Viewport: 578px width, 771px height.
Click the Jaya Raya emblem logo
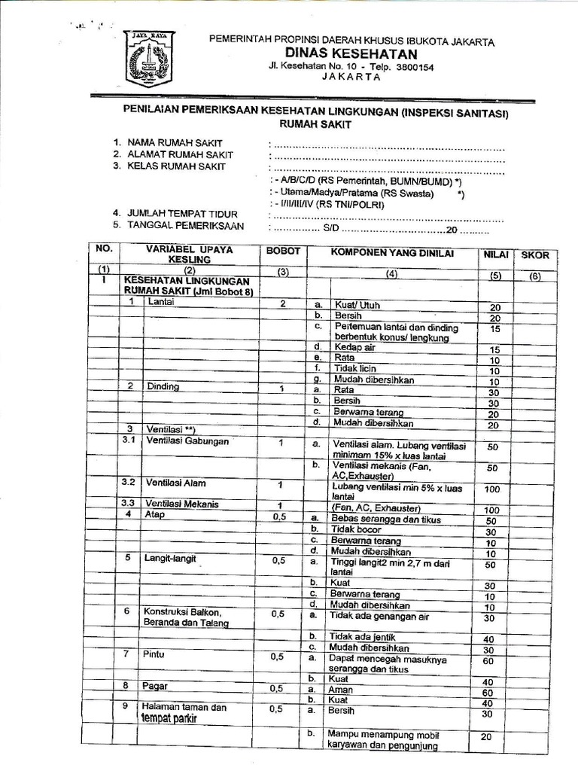[x=148, y=58]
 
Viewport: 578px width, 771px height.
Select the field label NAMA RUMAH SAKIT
[x=175, y=142]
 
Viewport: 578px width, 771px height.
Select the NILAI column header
[x=494, y=255]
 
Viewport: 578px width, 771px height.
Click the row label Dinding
[x=163, y=387]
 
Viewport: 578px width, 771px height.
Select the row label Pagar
[x=156, y=686]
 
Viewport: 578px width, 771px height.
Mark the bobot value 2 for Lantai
[x=282, y=303]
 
